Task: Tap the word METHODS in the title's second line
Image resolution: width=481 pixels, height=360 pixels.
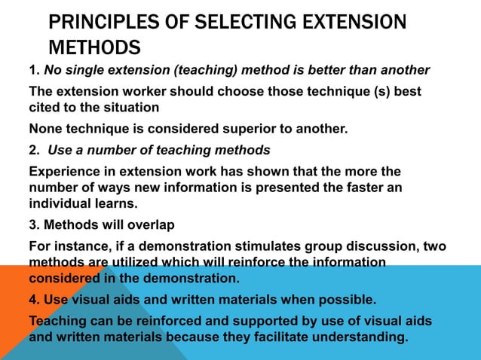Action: (x=94, y=49)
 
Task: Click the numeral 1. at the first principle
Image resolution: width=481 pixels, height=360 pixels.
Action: (x=34, y=71)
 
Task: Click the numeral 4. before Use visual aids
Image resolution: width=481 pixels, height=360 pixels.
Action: (x=34, y=300)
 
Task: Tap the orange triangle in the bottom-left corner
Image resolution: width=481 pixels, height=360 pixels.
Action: (x=30, y=301)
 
